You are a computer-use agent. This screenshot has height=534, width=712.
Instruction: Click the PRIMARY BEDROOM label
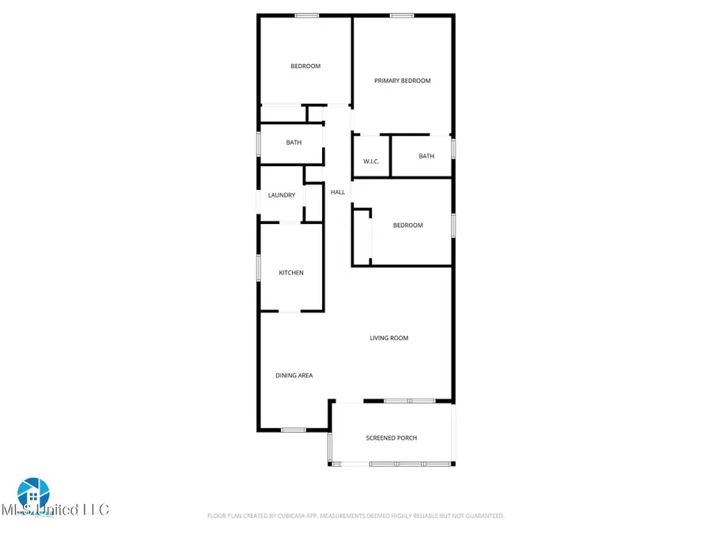pyautogui.click(x=403, y=81)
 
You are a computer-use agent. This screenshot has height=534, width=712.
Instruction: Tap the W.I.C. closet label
pyautogui.click(x=372, y=162)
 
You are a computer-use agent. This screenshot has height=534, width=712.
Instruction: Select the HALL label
pyautogui.click(x=338, y=192)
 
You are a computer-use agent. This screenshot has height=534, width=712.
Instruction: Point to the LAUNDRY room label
pyautogui.click(x=282, y=195)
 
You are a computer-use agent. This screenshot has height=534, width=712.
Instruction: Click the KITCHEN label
pyautogui.click(x=291, y=273)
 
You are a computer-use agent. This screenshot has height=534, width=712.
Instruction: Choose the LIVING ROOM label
pyautogui.click(x=389, y=339)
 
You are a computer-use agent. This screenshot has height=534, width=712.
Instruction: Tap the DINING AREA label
pyautogui.click(x=294, y=376)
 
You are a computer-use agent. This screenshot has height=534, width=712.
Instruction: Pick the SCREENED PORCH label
pyautogui.click(x=392, y=438)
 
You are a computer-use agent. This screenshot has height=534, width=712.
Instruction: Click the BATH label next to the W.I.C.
pyautogui.click(x=426, y=157)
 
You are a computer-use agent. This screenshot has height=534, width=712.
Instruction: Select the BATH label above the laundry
pyautogui.click(x=294, y=143)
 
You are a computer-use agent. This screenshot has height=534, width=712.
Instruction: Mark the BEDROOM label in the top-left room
pyautogui.click(x=305, y=66)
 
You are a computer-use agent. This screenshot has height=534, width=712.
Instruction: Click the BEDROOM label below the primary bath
pyautogui.click(x=408, y=225)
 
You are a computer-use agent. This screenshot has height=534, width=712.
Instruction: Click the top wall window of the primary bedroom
pyautogui.click(x=402, y=15)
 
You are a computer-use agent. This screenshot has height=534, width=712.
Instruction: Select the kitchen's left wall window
pyautogui.click(x=259, y=267)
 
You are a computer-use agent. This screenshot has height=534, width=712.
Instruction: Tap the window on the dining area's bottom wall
pyautogui.click(x=294, y=430)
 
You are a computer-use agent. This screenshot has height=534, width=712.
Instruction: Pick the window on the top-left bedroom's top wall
pyautogui.click(x=307, y=15)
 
